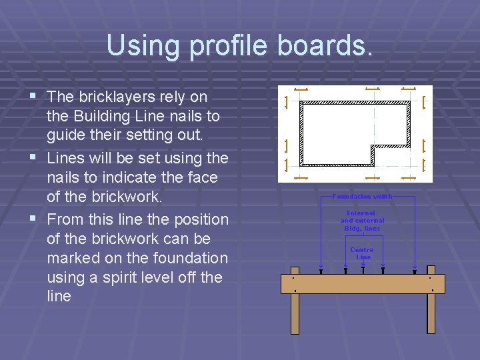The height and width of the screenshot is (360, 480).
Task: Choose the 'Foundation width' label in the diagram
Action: (x=362, y=197)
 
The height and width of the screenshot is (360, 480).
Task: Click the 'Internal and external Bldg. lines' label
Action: (x=362, y=221)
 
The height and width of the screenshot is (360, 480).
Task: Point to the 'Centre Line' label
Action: (x=363, y=253)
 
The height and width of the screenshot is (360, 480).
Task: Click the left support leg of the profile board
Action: (x=295, y=313)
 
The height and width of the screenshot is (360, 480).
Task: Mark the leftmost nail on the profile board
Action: (x=321, y=271)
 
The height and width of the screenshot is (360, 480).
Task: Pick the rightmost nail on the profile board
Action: (x=415, y=271)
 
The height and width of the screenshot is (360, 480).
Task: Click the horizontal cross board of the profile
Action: (x=363, y=283)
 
